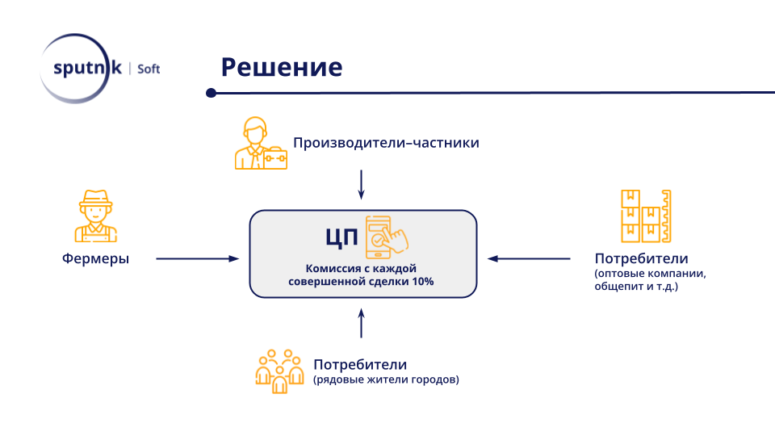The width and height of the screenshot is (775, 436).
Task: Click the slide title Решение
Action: pos(281,67)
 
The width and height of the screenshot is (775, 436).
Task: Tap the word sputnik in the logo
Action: pos(86,69)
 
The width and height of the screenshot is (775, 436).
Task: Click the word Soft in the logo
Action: pos(149,69)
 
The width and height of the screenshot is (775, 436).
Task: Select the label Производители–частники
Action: pos(386,143)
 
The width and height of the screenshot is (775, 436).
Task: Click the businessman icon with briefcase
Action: pos(260,144)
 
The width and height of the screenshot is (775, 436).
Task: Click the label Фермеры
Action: pos(96,259)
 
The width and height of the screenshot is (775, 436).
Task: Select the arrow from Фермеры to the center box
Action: pos(197,259)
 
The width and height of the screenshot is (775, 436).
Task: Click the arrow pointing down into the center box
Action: pos(361,183)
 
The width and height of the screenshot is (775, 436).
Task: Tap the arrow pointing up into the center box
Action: pos(361,322)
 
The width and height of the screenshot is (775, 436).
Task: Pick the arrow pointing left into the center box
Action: pos(528,259)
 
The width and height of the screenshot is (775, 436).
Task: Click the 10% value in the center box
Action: pos(422,282)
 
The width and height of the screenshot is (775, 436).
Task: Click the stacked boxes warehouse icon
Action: pos(645,216)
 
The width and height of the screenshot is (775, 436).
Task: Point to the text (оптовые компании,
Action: pos(650,273)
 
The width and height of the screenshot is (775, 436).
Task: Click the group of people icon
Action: pos(278,371)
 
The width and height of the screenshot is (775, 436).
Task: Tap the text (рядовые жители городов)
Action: pos(386,379)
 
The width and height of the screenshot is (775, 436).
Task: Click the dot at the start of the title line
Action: pos(212,93)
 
